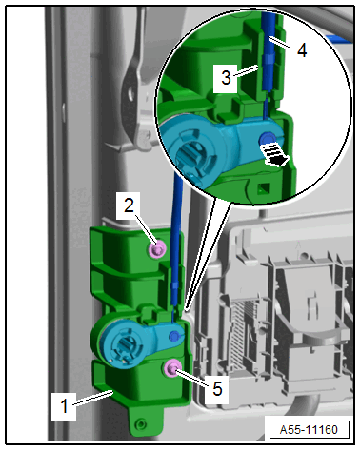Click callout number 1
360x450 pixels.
[x=64, y=406]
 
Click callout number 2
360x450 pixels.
[x=129, y=205]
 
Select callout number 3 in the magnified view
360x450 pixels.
[x=226, y=78]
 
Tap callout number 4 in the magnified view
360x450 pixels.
[x=302, y=50]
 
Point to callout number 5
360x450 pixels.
[x=217, y=388]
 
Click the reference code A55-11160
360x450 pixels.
[x=309, y=430]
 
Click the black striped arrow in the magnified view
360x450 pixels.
[x=274, y=154]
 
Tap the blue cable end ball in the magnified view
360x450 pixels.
[x=268, y=139]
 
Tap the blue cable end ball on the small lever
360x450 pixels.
[x=174, y=335]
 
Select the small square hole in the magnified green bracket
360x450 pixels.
[x=263, y=189]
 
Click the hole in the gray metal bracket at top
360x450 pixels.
[x=130, y=93]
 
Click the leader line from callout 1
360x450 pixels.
[x=93, y=398]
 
